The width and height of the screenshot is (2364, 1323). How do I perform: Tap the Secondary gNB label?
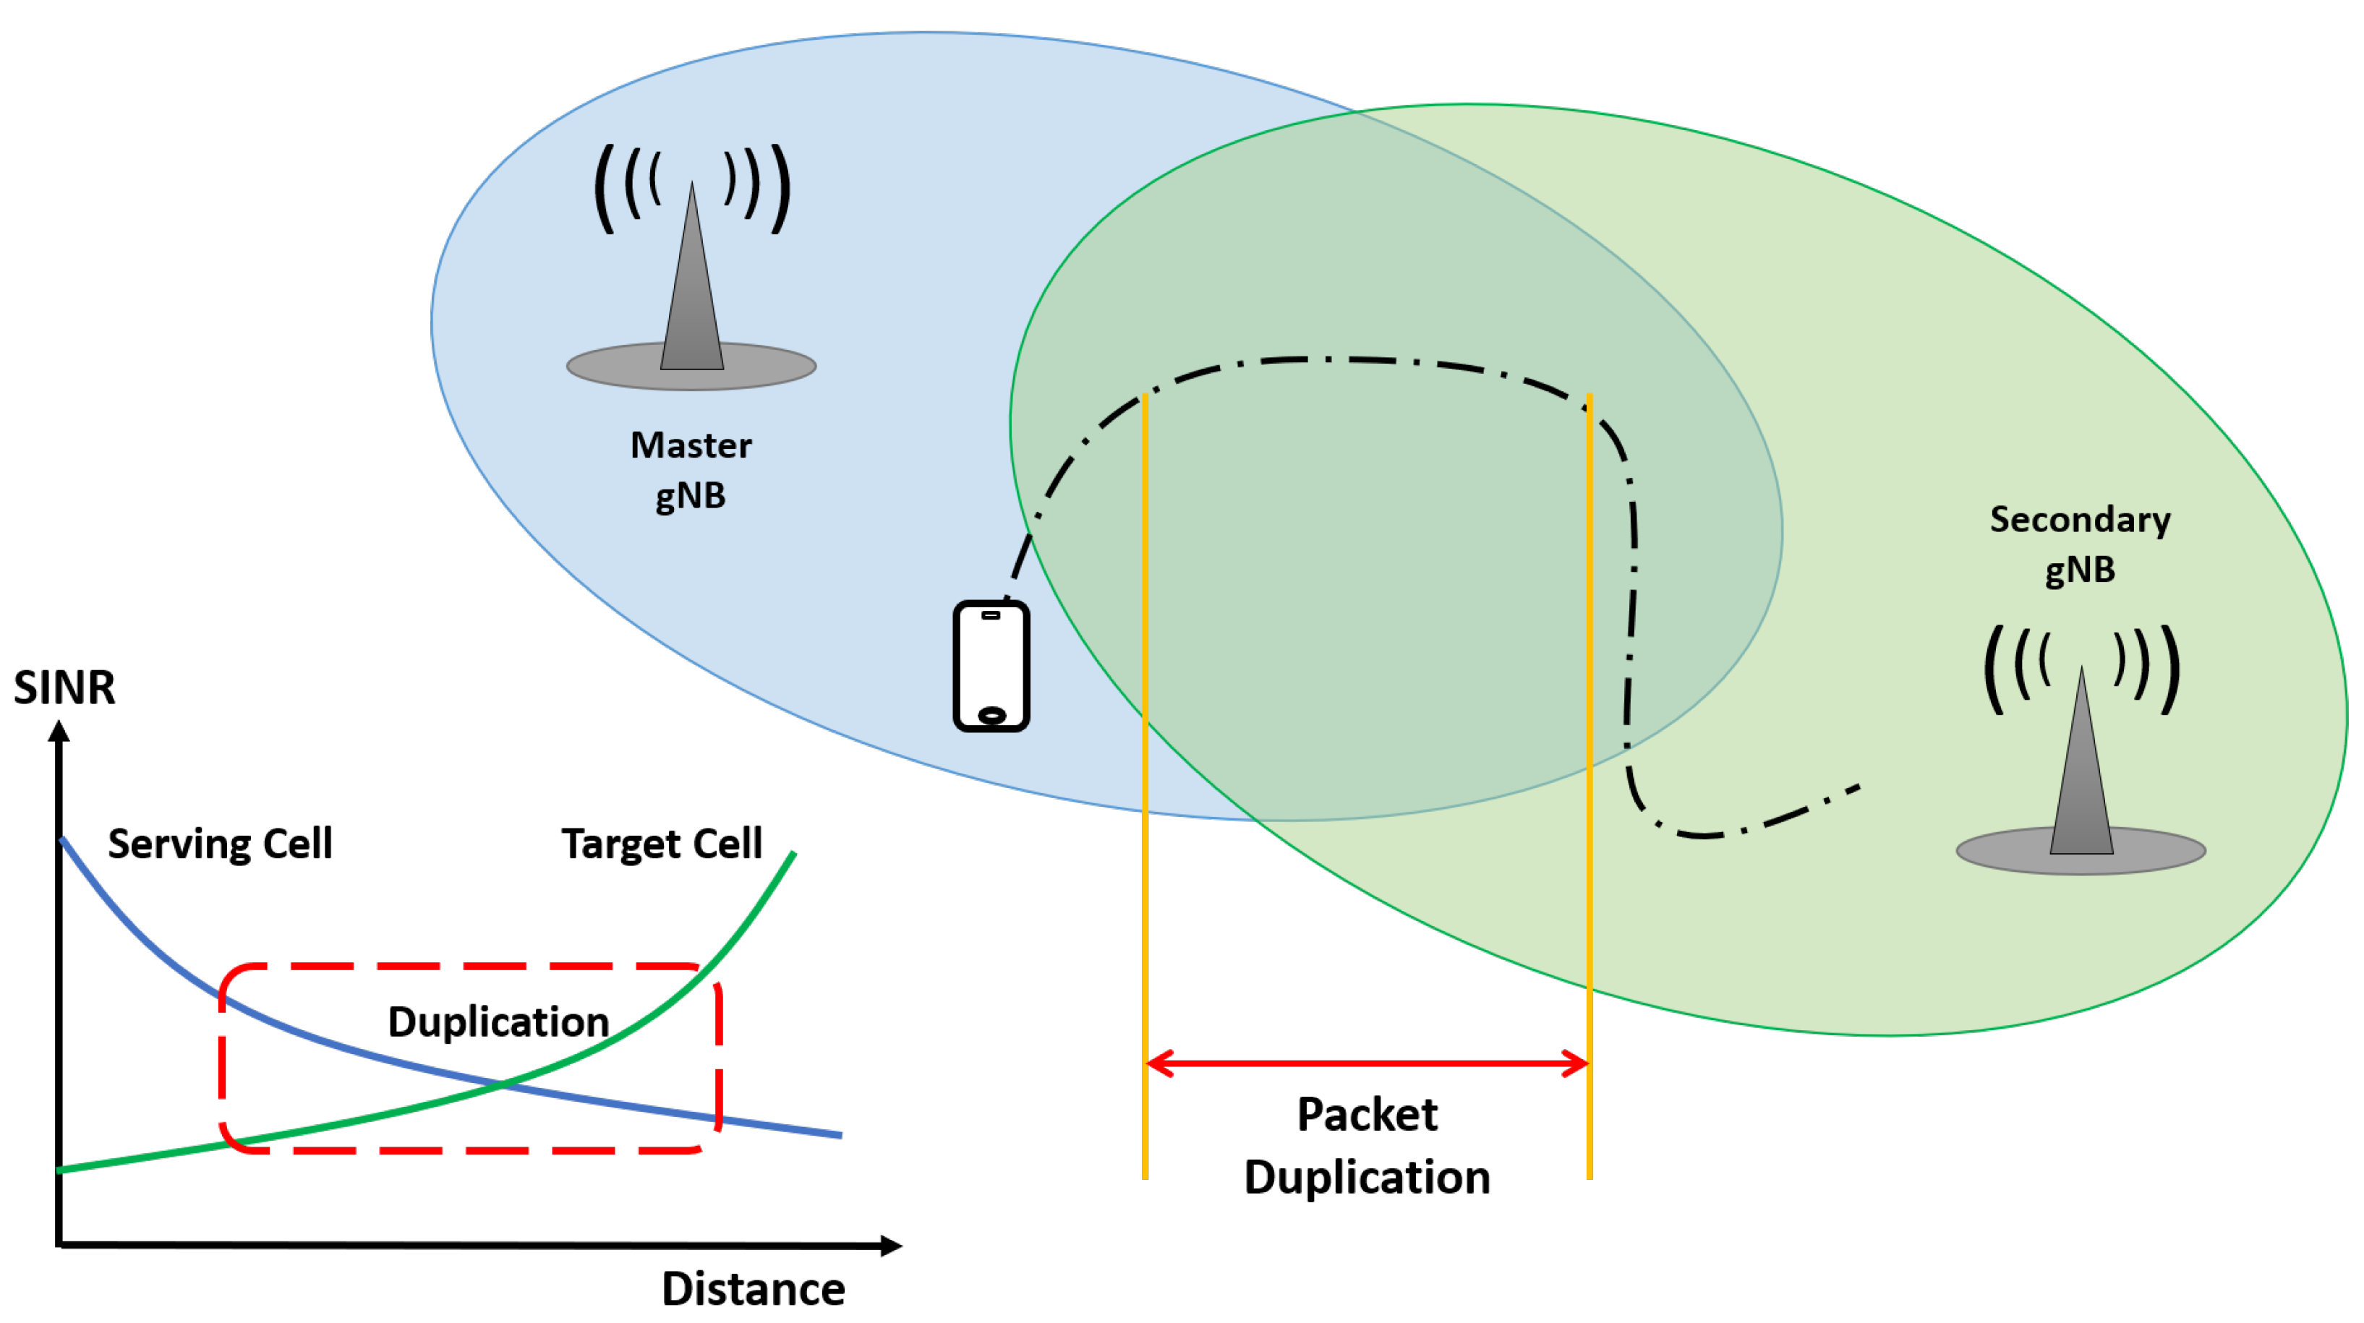(x=2080, y=544)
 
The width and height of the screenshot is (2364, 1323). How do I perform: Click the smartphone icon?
(x=991, y=665)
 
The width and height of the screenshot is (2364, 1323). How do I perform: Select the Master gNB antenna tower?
(x=692, y=284)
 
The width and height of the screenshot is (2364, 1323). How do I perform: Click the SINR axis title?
(x=64, y=688)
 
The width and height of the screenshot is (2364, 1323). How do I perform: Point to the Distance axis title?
(x=753, y=1288)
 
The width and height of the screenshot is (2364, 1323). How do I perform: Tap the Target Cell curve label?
(x=662, y=843)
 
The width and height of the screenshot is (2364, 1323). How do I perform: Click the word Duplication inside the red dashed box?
(x=498, y=1021)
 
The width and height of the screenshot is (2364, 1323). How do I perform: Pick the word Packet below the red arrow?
(x=1367, y=1115)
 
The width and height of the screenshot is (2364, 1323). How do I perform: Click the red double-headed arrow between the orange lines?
(x=1367, y=1063)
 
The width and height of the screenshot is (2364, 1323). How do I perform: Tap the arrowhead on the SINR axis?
(x=59, y=731)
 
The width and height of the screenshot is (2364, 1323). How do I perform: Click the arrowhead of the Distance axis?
(x=890, y=1245)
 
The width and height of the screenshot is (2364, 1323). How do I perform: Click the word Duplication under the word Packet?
(x=1367, y=1177)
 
